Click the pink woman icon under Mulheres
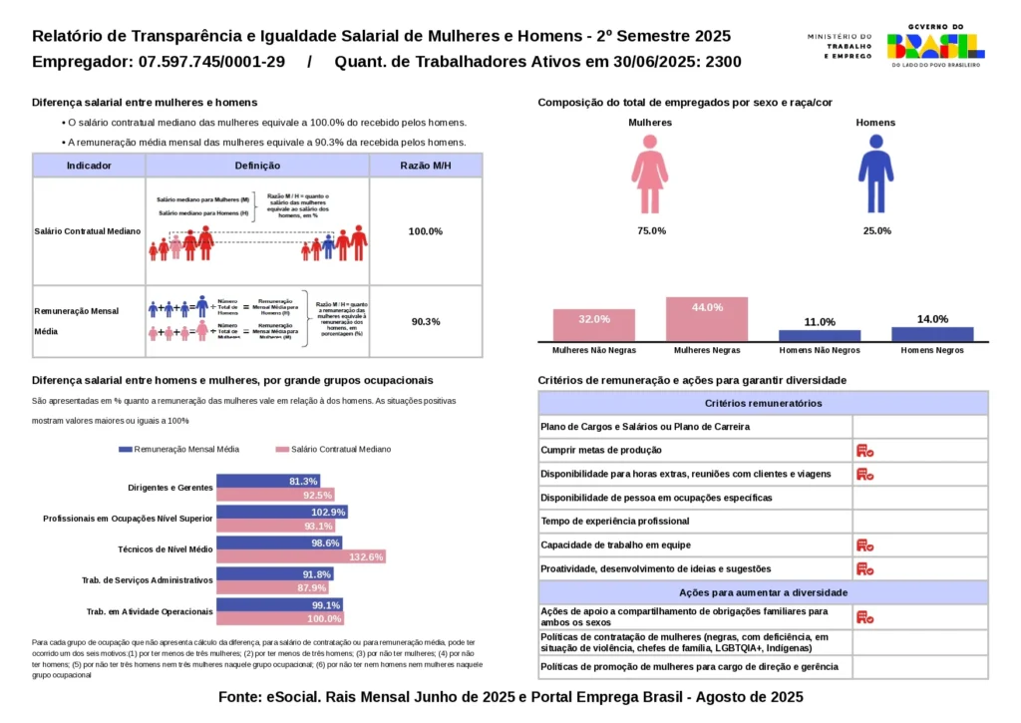coord(649,175)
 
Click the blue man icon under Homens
coord(875,175)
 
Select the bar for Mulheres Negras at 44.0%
coord(707,320)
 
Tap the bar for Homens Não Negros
coord(820,336)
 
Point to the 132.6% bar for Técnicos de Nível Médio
coord(301,556)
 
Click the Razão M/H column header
coord(426,166)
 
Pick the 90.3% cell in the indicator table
coord(426,321)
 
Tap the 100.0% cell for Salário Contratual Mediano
coord(426,231)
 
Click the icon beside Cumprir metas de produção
coord(864,451)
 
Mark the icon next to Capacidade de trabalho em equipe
coord(864,545)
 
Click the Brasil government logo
coord(935,46)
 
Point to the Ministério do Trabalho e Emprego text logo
coord(840,46)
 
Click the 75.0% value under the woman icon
coord(651,231)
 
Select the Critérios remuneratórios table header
coord(763,403)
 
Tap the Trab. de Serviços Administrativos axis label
coord(147,579)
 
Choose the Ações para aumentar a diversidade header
coord(763,592)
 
